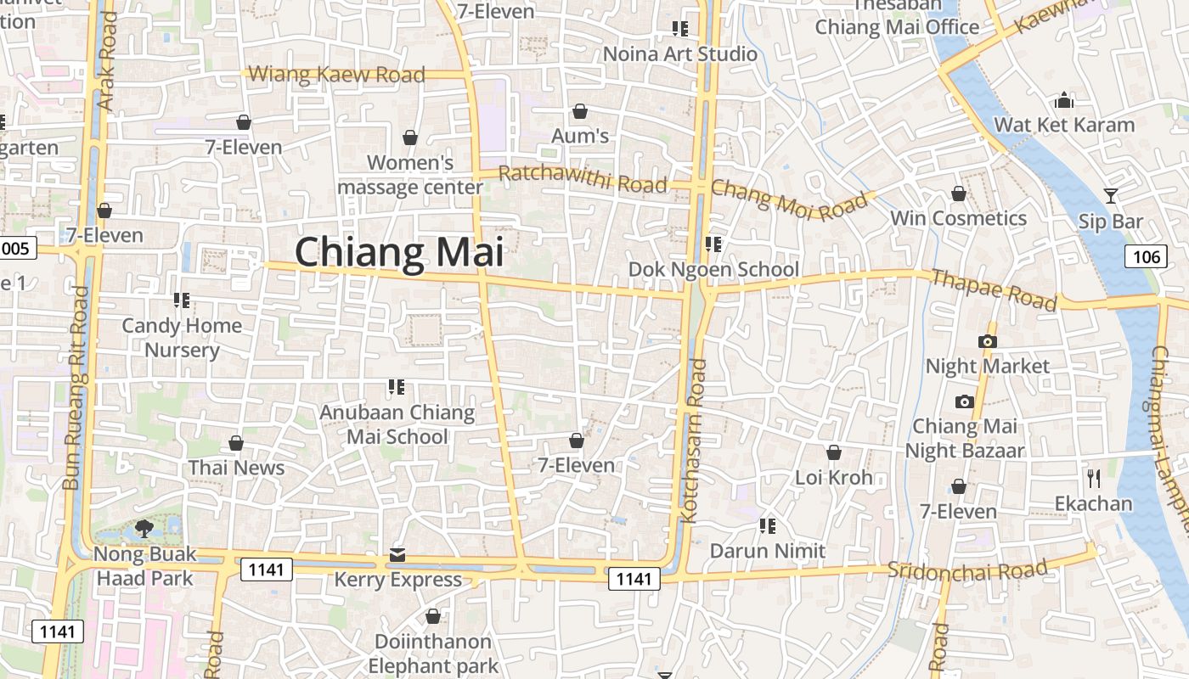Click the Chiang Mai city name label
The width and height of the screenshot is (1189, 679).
point(398,253)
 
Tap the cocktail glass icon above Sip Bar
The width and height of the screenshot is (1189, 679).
point(1110,196)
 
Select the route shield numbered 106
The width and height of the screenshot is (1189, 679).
point(1146,256)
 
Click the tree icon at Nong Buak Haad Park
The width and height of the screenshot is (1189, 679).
point(144,529)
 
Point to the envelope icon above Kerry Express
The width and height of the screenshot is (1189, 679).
point(397,555)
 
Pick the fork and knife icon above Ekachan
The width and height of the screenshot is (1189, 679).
point(1093,478)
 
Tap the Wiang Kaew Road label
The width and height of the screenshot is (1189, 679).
point(335,75)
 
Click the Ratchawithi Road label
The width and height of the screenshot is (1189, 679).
point(582,179)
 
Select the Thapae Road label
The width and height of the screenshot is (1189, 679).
point(994,290)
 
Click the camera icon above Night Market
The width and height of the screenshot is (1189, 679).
point(987,341)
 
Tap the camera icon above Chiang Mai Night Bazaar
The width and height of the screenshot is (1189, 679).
point(964,401)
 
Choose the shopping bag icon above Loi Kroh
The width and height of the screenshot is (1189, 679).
point(834,452)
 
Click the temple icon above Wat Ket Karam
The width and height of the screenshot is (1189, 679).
point(1064,101)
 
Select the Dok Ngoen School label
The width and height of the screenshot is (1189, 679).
point(713,269)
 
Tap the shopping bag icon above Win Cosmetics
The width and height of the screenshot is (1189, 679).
point(958,194)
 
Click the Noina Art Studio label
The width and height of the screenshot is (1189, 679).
point(679,53)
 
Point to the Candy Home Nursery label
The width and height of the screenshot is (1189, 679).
point(182,337)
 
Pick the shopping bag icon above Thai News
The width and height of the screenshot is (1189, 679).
point(236,443)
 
